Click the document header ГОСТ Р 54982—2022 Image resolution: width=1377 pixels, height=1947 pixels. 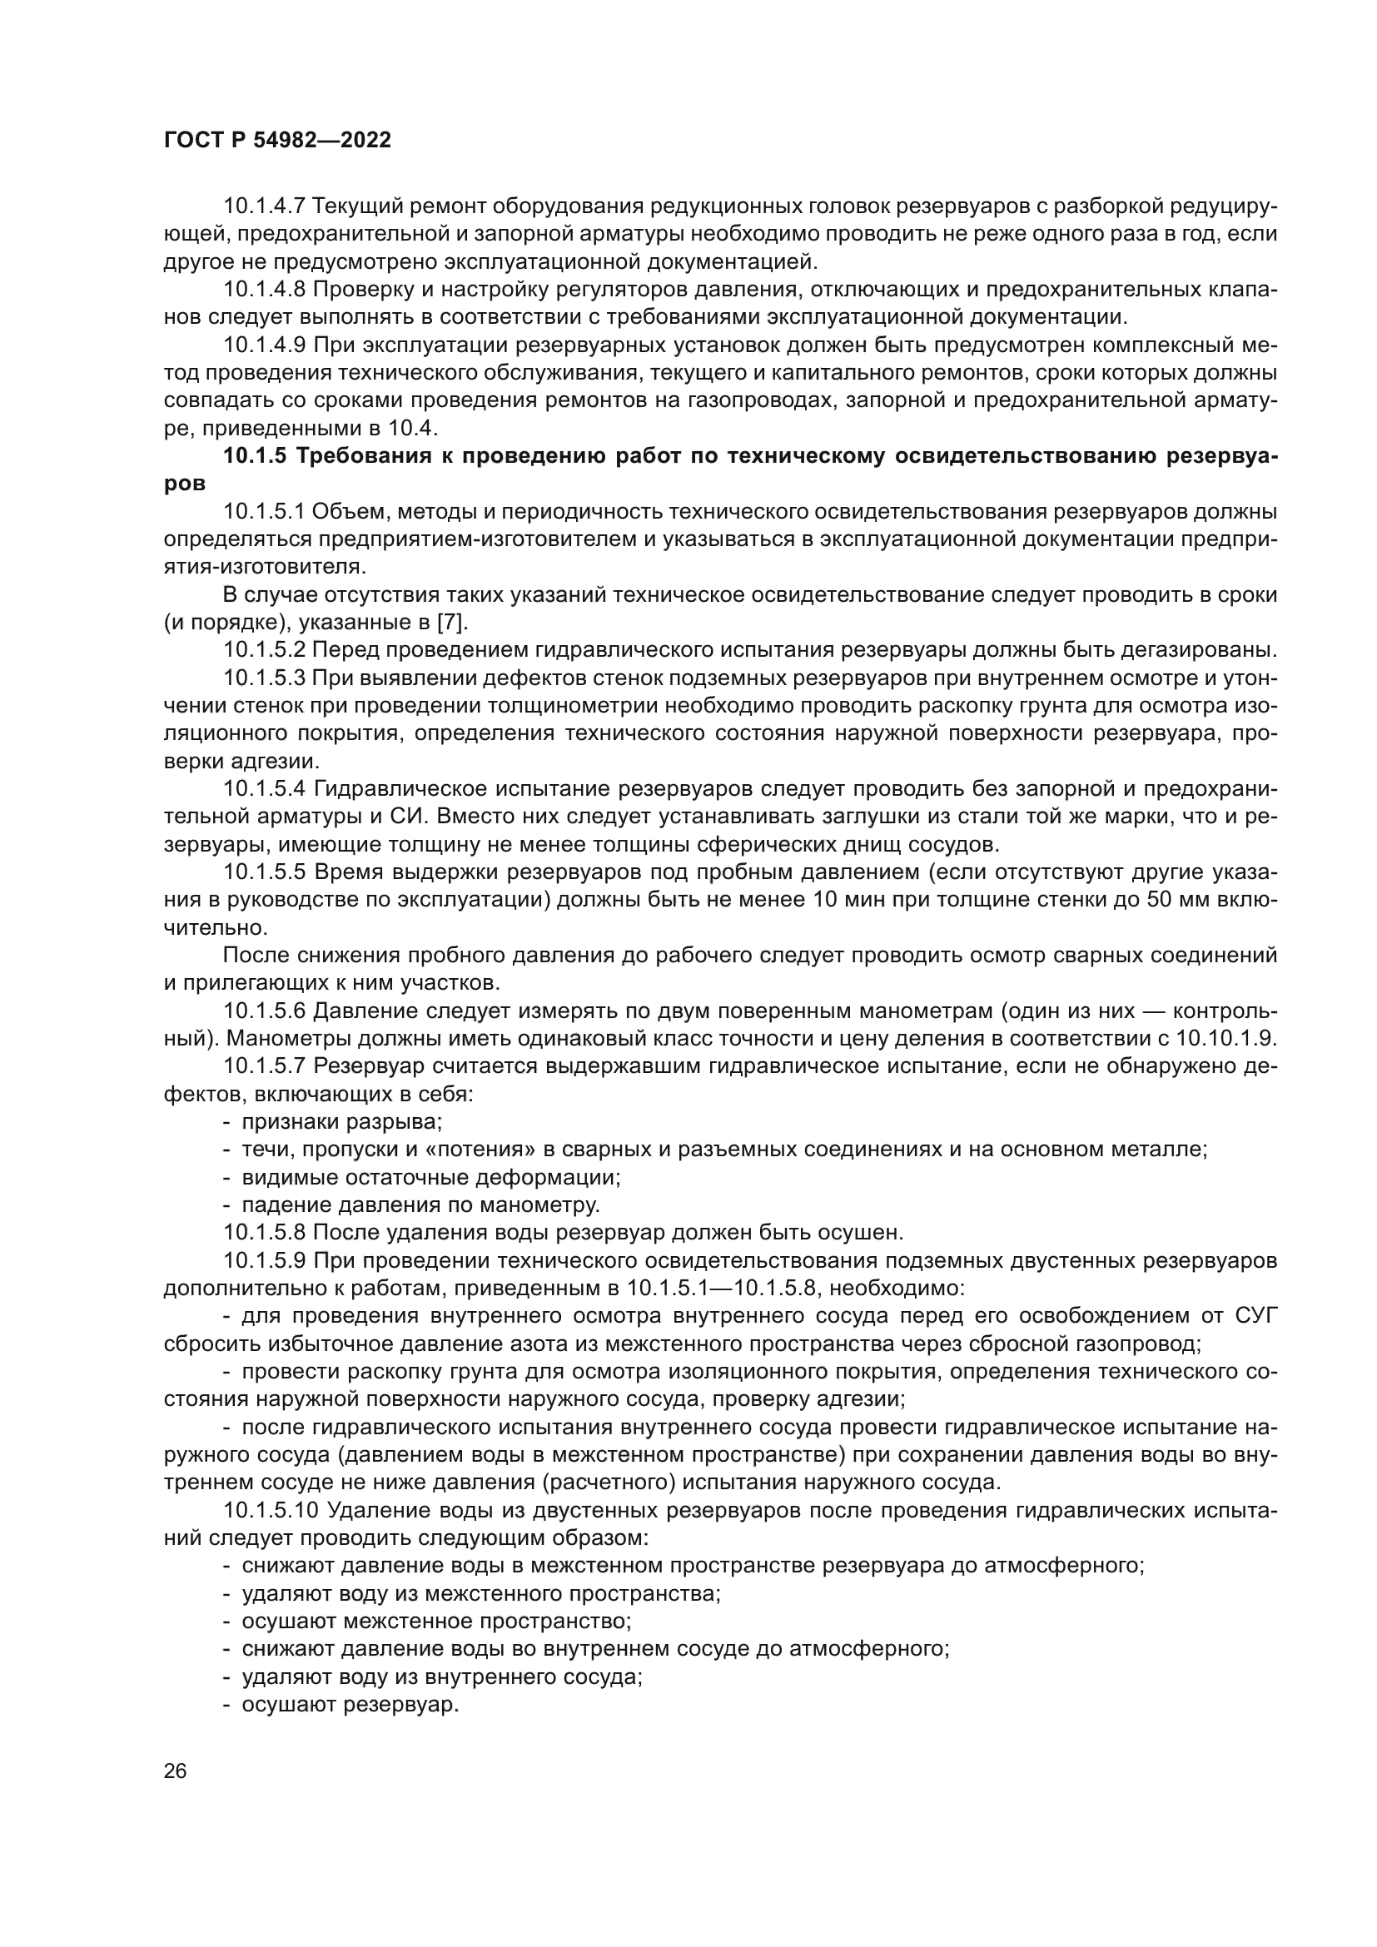tap(277, 141)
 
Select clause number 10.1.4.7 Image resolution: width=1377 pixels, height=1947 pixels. tap(264, 206)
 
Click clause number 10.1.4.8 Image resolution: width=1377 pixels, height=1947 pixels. tap(264, 289)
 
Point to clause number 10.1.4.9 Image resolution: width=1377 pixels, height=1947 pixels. tap(264, 345)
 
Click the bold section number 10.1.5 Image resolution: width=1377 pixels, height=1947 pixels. tap(255, 456)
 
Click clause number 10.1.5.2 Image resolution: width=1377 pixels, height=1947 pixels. tap(264, 650)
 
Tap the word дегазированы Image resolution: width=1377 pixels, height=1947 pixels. tap(1198, 650)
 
